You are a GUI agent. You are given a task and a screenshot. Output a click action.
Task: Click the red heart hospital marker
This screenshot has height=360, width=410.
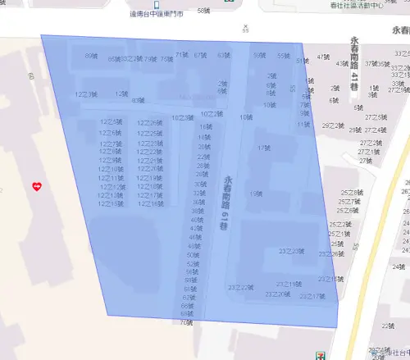pos(36,187)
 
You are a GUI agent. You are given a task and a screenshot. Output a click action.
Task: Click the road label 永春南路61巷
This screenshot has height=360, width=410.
pos(227,198)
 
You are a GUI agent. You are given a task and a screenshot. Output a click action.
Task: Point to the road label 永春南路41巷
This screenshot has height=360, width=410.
pos(354,63)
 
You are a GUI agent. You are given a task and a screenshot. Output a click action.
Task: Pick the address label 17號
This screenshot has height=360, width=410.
pos(263,148)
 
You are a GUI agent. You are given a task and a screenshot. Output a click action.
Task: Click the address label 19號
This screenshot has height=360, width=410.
pos(256,194)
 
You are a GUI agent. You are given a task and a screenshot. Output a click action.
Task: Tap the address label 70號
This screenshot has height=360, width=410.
pos(187,322)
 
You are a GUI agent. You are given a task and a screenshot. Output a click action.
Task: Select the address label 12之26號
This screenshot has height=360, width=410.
pos(150,123)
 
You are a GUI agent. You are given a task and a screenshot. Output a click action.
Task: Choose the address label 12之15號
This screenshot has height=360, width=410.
pos(150,203)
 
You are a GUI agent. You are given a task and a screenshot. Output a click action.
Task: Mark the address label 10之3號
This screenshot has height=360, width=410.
pos(183,118)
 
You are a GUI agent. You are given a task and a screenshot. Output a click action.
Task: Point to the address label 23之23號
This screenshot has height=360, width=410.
pos(292,251)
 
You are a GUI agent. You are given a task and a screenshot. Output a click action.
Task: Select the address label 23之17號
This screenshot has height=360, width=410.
pos(312,296)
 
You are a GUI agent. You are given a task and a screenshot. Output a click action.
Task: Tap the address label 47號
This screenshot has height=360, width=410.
pos(323,57)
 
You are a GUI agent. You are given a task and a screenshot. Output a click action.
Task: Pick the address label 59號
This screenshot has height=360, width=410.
pos(259,56)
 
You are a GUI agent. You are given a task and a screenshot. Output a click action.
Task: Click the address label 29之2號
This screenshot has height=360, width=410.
pos(332,126)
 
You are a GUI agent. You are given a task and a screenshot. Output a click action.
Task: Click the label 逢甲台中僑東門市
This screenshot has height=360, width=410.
pos(156,13)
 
